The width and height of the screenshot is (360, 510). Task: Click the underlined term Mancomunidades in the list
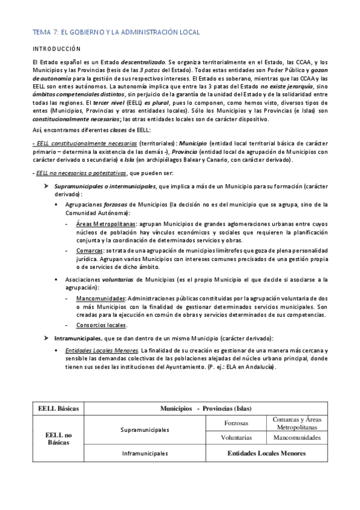tap(100, 298)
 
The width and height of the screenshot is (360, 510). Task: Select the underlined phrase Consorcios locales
tap(102, 325)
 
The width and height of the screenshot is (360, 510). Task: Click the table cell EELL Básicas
tap(59, 408)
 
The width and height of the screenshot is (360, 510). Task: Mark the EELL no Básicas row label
tap(59, 438)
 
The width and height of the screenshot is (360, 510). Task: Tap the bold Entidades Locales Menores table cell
tap(266, 453)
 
